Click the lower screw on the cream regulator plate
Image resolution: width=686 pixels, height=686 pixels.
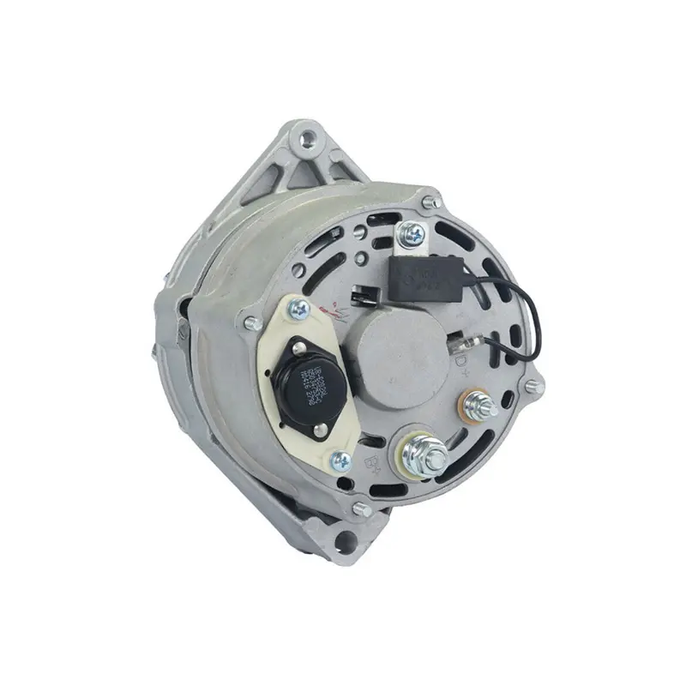coord(340,461)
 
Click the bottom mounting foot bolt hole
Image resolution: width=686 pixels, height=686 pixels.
coord(346,539)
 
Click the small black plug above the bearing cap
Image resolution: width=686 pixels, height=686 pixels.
coord(359,298)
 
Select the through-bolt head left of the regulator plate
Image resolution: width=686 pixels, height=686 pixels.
coord(252,323)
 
